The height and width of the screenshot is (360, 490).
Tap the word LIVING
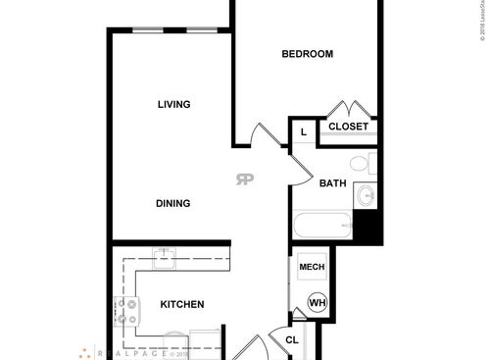(x=173, y=104)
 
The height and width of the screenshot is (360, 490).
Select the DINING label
(x=172, y=204)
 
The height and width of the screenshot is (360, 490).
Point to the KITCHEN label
(x=181, y=305)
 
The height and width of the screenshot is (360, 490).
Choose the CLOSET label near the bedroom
(x=348, y=127)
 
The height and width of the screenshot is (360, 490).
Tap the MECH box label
(x=312, y=267)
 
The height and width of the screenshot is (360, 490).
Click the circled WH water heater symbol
(x=318, y=303)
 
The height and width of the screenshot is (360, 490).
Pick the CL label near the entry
(x=292, y=341)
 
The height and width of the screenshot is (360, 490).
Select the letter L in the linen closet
(x=303, y=131)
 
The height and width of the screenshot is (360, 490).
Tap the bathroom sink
(x=366, y=195)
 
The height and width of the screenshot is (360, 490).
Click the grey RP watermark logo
(x=243, y=178)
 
